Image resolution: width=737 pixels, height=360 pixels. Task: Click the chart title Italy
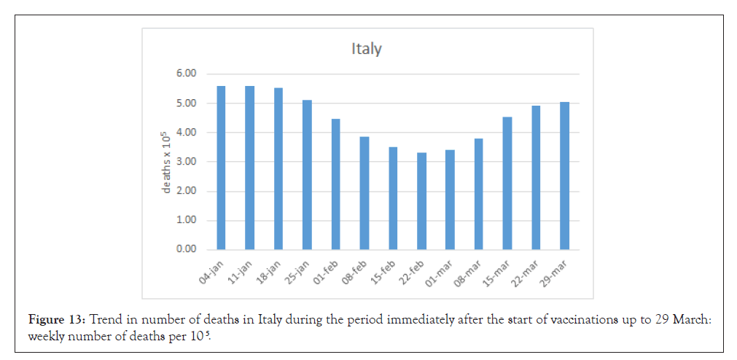[x=367, y=50]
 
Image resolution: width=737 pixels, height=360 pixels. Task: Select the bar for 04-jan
[x=221, y=168]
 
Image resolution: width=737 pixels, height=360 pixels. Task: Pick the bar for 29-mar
[x=564, y=176]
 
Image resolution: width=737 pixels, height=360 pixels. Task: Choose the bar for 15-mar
[x=507, y=183]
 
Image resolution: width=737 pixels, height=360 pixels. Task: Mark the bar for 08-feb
[x=364, y=193]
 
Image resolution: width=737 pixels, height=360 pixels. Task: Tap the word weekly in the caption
[x=44, y=337]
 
